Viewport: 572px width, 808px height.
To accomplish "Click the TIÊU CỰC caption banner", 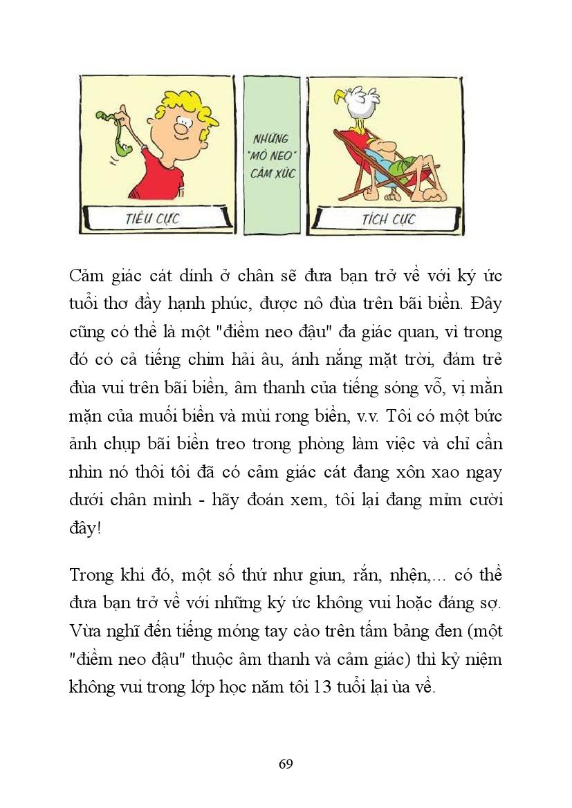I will point(154,220).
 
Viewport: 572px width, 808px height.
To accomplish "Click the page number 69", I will point(286,764).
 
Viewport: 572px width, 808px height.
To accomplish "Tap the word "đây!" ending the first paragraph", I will point(84,527).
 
